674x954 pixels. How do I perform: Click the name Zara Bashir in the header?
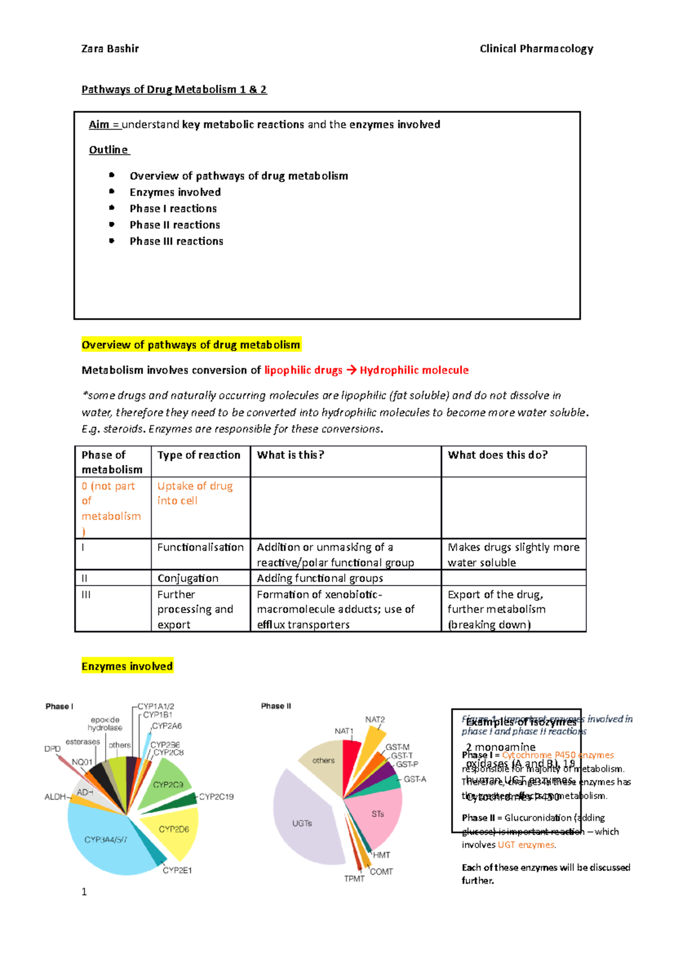110,49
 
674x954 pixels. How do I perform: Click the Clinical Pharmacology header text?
536,49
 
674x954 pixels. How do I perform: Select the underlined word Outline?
109,150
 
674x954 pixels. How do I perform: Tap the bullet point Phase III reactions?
176,241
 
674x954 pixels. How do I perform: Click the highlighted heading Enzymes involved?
127,666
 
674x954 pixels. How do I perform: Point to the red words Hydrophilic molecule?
414,370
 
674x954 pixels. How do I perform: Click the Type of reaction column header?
199,455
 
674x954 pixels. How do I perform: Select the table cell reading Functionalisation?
200,547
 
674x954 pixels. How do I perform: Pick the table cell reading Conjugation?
188,578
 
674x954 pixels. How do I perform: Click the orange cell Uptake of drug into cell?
194,493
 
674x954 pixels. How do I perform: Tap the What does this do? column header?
497,455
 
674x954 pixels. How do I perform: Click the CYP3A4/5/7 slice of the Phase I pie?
106,839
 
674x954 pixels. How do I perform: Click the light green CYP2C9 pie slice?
168,784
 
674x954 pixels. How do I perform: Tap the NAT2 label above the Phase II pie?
375,720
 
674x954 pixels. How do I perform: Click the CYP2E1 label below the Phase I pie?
177,870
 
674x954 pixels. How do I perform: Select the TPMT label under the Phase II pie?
354,879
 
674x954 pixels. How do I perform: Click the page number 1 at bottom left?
84,892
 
